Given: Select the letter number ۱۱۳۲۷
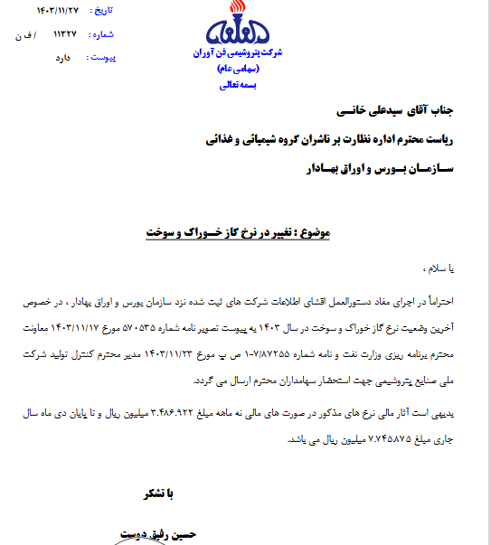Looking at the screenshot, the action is (65, 34).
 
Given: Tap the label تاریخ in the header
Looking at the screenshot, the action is (107, 12).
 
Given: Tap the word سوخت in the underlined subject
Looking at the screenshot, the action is (163, 232).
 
